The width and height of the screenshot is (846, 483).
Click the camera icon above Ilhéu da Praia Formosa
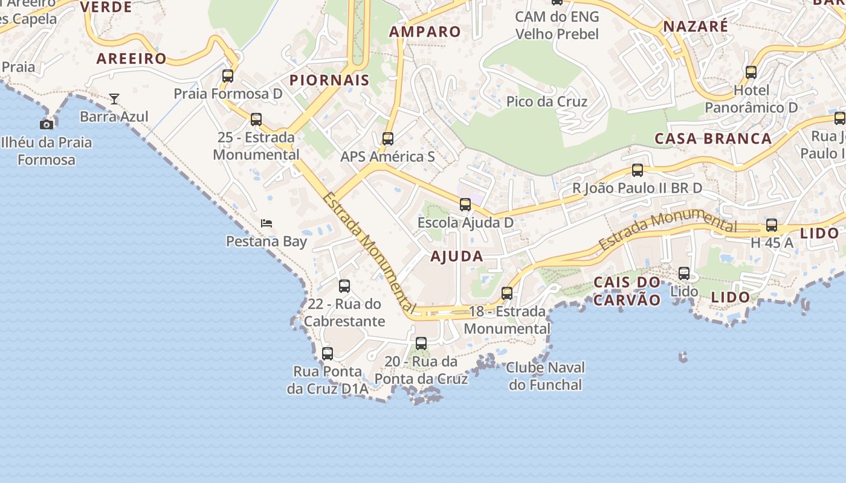pyautogui.click(x=47, y=124)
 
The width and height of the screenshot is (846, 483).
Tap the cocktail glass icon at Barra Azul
pyautogui.click(x=114, y=98)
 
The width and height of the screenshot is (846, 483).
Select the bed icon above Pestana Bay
pyautogui.click(x=266, y=223)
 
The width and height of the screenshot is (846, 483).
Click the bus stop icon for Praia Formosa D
pyautogui.click(x=228, y=76)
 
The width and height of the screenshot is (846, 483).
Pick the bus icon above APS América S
pyautogui.click(x=388, y=139)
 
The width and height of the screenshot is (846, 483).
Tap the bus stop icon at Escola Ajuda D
pyautogui.click(x=465, y=205)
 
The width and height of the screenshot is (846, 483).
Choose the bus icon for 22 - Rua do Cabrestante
pyautogui.click(x=344, y=286)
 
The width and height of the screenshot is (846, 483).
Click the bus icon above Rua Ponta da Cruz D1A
pyautogui.click(x=328, y=354)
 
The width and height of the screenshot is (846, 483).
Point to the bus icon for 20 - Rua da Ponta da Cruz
pyautogui.click(x=421, y=344)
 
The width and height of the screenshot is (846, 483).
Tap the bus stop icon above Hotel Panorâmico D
pyautogui.click(x=751, y=72)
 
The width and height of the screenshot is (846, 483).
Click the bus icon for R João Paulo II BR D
pyautogui.click(x=638, y=170)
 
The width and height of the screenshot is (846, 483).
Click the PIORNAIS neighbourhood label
pyautogui.click(x=329, y=80)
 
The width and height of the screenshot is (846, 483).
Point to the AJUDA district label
pyautogui.click(x=457, y=257)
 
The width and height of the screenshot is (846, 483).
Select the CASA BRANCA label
pyautogui.click(x=714, y=139)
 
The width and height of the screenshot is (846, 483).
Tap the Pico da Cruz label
pyautogui.click(x=547, y=101)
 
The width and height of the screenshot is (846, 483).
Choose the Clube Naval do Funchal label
pyautogui.click(x=546, y=376)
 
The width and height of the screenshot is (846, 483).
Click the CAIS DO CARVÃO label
pyautogui.click(x=627, y=291)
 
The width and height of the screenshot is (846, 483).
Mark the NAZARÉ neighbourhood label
pyautogui.click(x=696, y=27)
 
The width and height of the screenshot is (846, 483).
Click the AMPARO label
pyautogui.click(x=425, y=32)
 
